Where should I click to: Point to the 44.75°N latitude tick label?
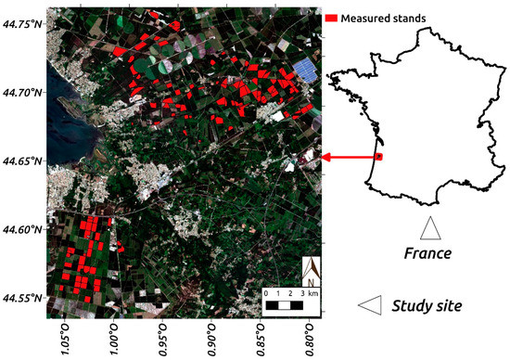(x=22, y=23)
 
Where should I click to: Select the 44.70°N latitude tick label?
(x=22, y=92)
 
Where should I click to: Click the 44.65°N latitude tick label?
(x=22, y=161)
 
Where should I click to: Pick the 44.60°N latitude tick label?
(x=22, y=229)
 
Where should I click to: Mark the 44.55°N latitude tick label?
(x=22, y=298)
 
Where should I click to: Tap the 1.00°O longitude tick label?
(x=114, y=335)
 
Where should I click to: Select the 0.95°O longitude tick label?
(x=163, y=335)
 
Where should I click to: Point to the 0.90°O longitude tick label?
(x=212, y=335)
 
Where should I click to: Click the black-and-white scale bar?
(x=285, y=303)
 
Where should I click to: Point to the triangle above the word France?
(x=429, y=226)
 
